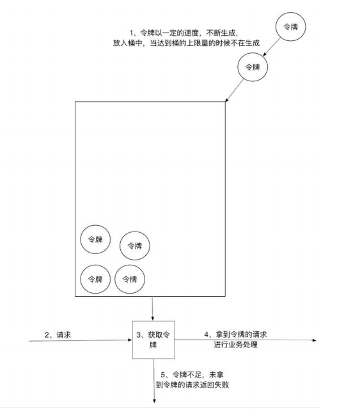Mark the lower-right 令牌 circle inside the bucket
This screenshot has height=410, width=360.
130,279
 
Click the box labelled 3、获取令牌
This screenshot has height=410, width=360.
153,340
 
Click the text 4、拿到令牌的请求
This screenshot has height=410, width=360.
235,335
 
